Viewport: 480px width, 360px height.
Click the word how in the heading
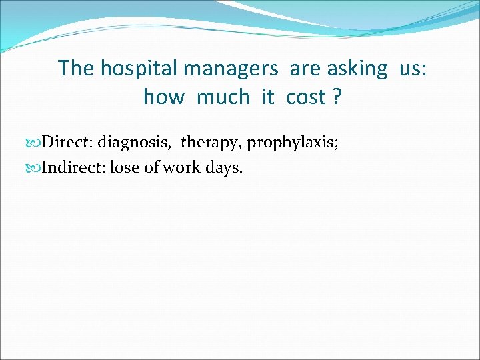[x=163, y=97]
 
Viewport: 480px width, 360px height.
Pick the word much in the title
[x=223, y=97]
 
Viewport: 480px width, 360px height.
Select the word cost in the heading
[x=305, y=97]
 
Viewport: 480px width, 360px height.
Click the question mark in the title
[x=337, y=97]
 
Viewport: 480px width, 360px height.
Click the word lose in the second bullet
[x=125, y=167]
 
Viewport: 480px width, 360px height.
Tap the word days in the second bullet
[x=223, y=167]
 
